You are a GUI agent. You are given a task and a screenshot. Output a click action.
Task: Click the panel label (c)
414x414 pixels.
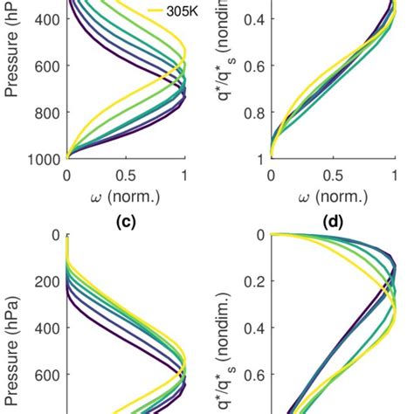click(126, 221)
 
